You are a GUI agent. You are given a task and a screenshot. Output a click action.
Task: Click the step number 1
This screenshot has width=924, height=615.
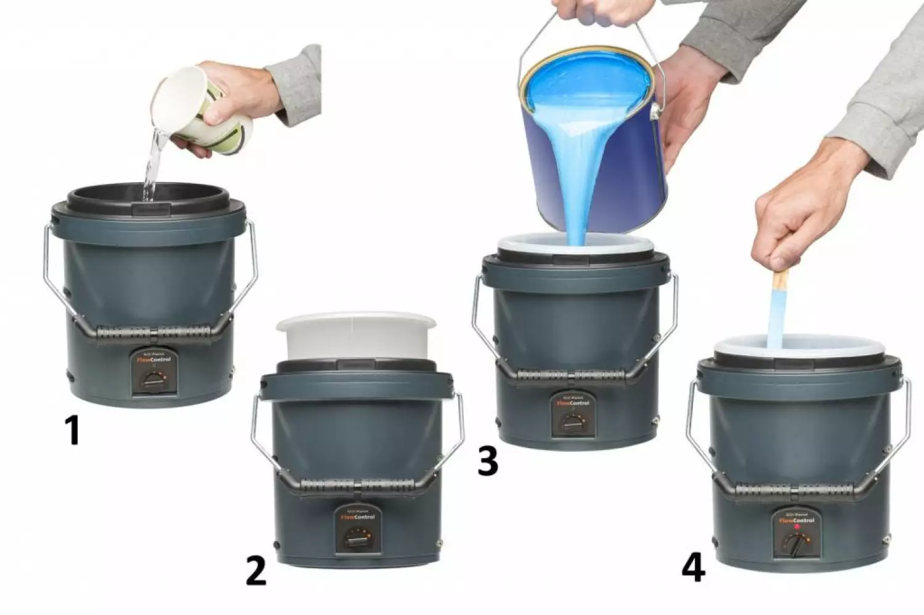(73, 430)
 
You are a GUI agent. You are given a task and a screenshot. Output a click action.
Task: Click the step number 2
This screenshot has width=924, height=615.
(256, 571)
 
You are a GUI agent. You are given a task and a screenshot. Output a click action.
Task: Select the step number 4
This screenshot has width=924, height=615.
(693, 568)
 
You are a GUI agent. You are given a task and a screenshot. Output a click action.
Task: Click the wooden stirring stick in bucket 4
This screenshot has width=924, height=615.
(778, 308)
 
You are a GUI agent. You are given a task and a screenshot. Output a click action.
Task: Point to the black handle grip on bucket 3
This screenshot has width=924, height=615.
(573, 374)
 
